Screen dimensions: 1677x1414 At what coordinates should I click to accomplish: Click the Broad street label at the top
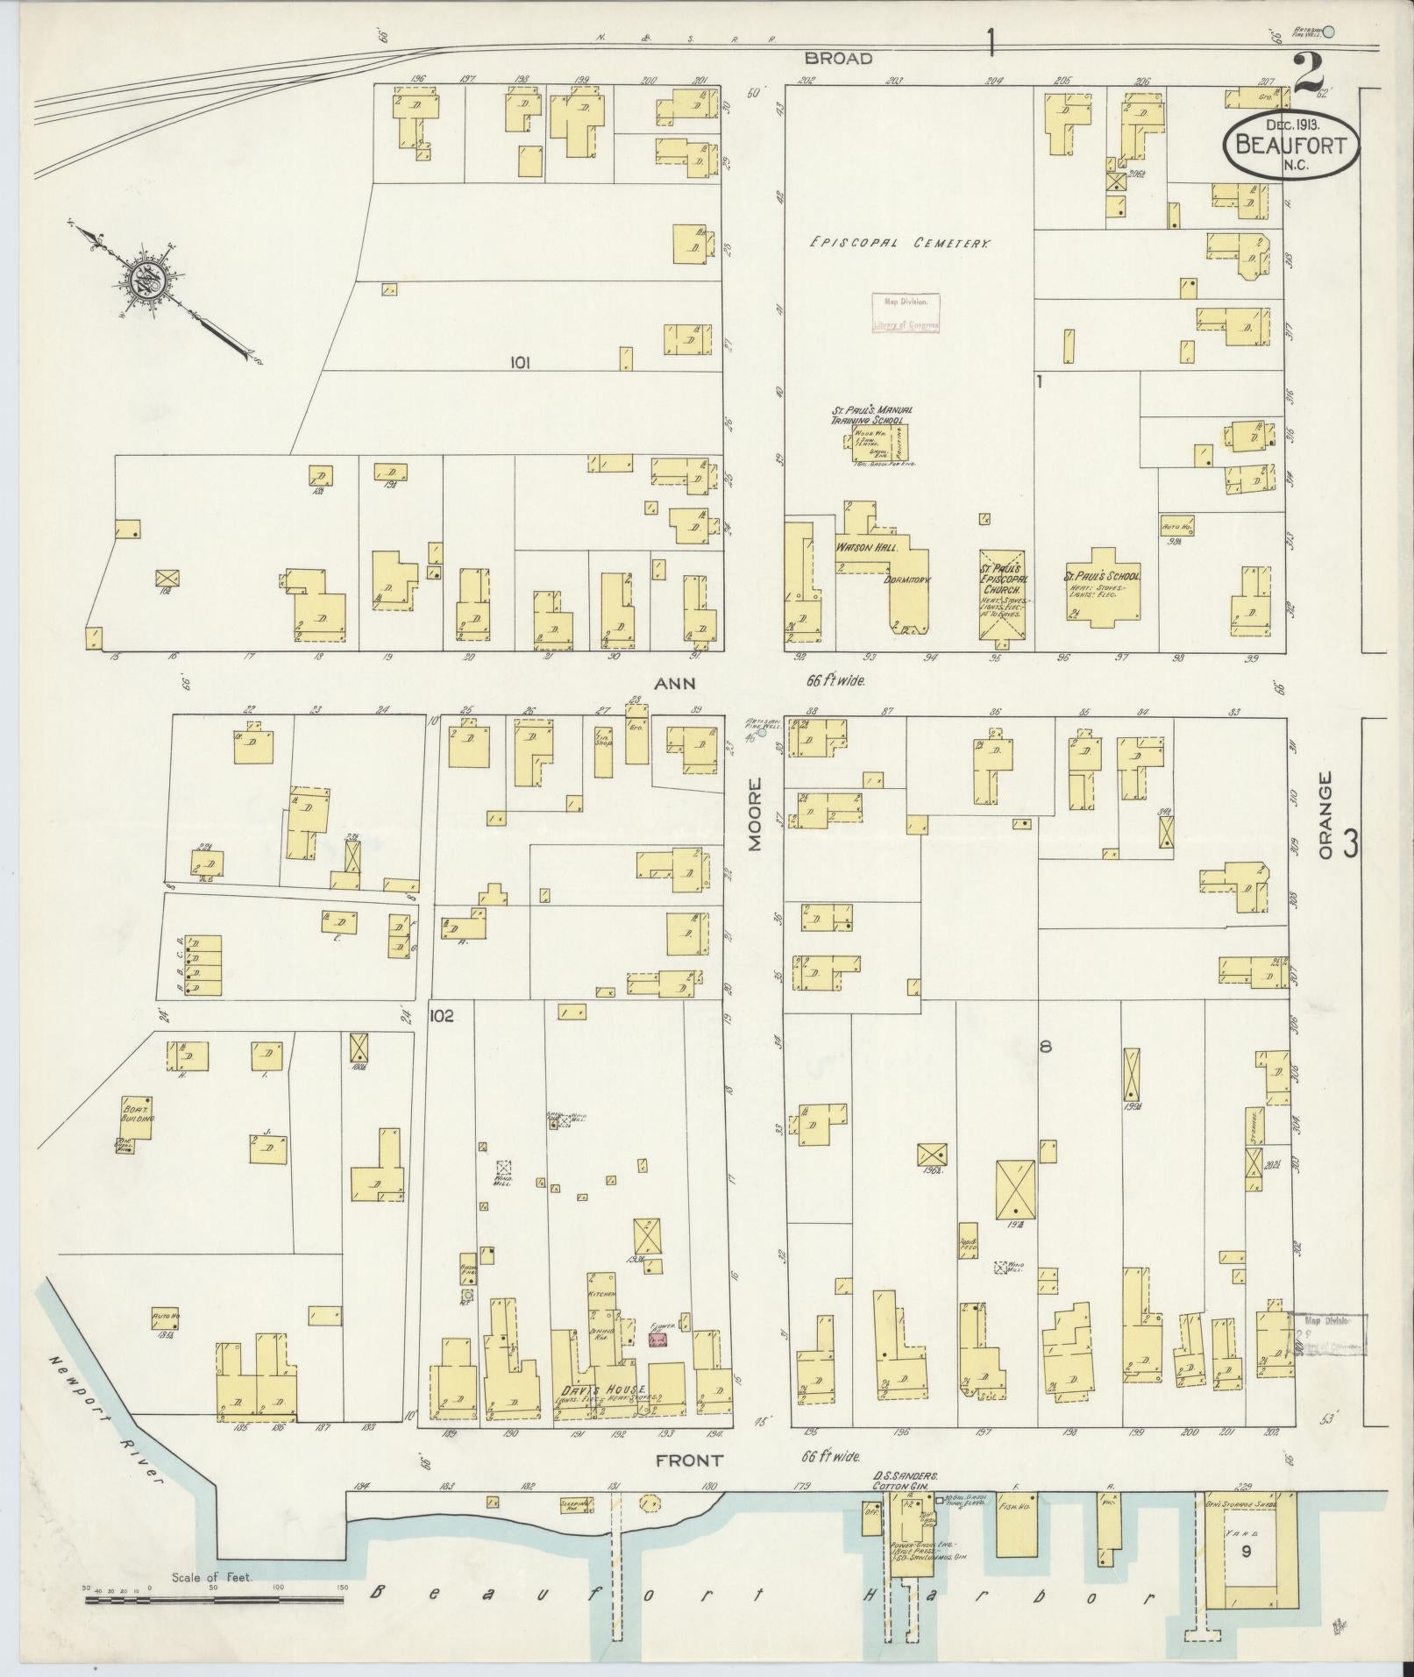click(839, 59)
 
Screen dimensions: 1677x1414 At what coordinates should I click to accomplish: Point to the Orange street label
click(1325, 815)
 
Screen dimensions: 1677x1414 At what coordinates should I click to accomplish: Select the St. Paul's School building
click(1102, 587)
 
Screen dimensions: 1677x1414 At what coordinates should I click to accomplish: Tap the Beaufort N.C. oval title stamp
click(1290, 145)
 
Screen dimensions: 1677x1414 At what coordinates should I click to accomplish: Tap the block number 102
click(441, 1015)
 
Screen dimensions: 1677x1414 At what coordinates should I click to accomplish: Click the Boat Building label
click(138, 1113)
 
